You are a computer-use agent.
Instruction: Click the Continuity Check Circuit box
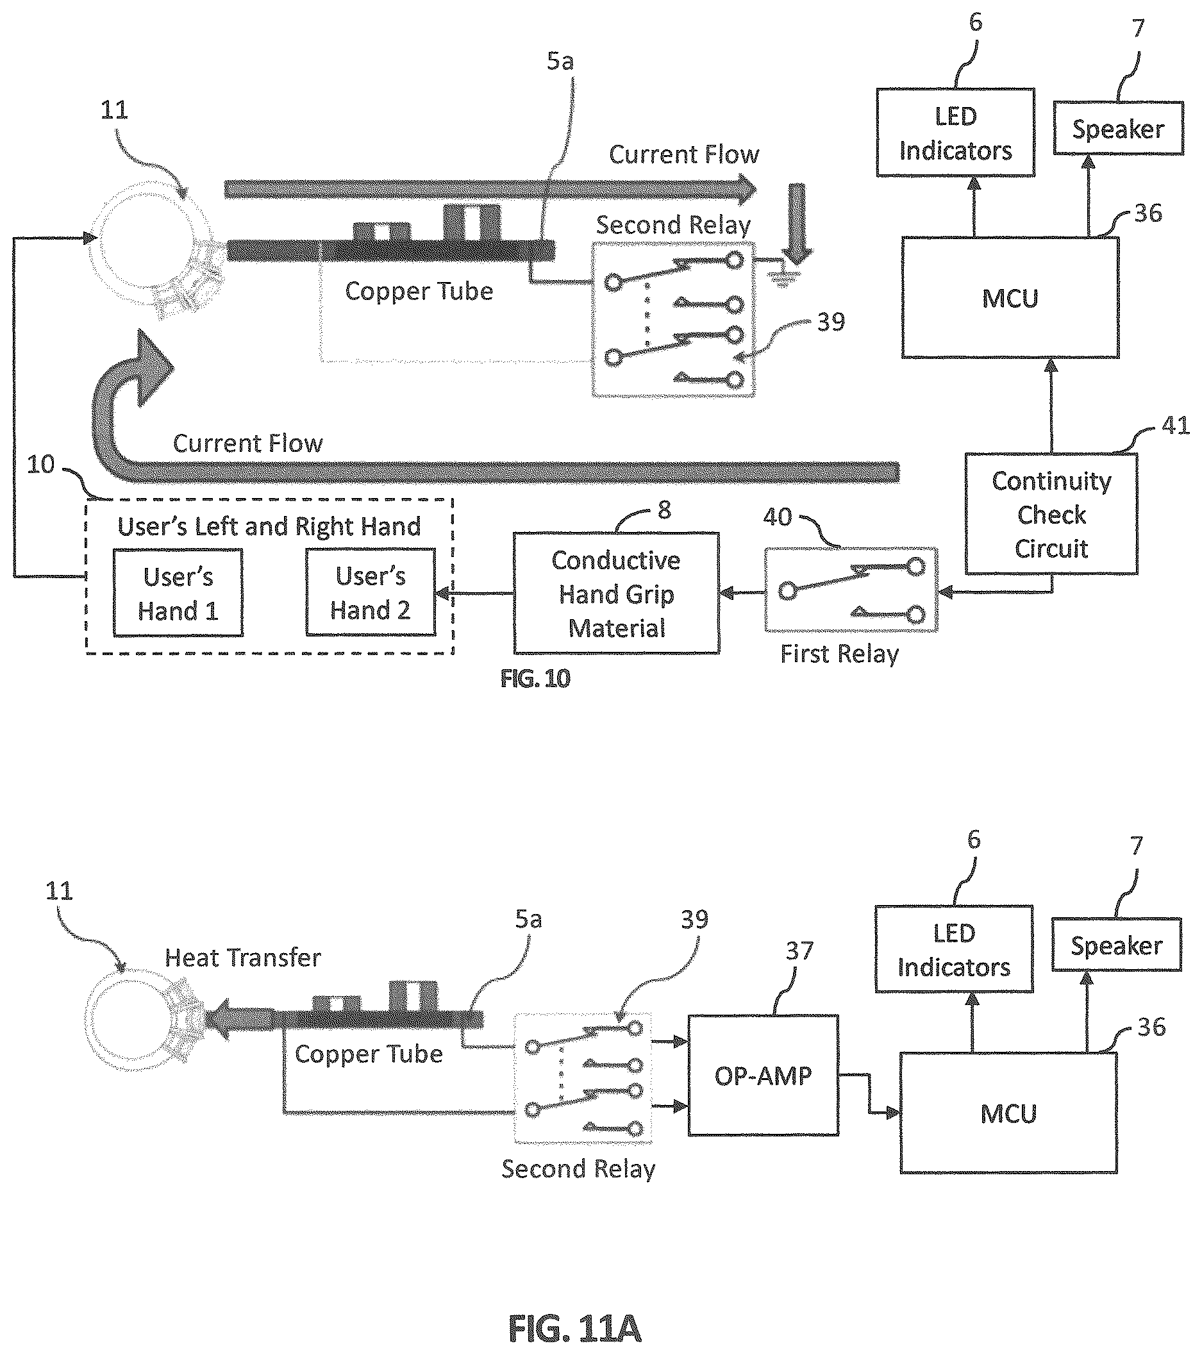click(x=1051, y=515)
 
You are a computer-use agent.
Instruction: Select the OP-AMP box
click(x=763, y=1075)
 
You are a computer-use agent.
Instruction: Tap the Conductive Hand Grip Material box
click(x=617, y=594)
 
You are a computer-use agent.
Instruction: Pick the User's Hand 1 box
click(x=178, y=594)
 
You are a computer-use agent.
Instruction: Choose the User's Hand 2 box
click(x=371, y=593)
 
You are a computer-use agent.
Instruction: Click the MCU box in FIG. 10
click(x=1010, y=297)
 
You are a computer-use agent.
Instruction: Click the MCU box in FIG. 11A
click(x=1008, y=1113)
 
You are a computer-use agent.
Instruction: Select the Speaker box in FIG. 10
click(x=1119, y=128)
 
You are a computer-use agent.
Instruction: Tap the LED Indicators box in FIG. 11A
click(x=954, y=949)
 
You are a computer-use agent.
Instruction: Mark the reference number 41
click(x=1175, y=425)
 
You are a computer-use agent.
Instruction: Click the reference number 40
click(x=777, y=517)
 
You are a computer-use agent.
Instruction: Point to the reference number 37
click(x=799, y=951)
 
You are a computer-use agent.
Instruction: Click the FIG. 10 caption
click(x=535, y=678)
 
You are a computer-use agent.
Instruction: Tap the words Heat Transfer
click(x=243, y=957)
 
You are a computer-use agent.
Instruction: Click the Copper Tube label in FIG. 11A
click(x=369, y=1054)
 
